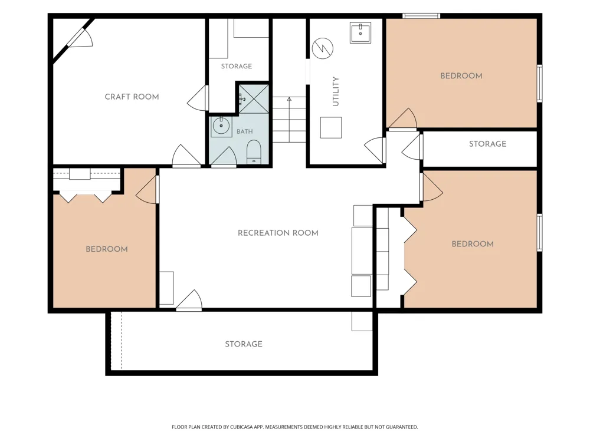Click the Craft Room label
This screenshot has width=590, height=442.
click(132, 97)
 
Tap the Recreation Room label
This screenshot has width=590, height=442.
click(278, 233)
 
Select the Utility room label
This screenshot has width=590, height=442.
click(336, 91)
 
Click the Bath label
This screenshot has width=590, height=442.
click(245, 131)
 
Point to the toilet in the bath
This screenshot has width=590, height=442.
click(254, 152)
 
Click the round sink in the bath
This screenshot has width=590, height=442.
click(221, 126)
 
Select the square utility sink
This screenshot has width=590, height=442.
click(360, 32)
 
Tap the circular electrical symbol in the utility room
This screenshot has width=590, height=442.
click(323, 48)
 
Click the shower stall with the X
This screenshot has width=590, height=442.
click(254, 99)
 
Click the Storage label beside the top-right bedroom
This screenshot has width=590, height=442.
click(488, 144)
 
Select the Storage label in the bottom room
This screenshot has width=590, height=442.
click(244, 344)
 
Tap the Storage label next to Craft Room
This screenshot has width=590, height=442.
click(237, 66)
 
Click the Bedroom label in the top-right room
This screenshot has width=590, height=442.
click(461, 76)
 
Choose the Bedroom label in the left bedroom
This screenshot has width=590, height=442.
click(107, 249)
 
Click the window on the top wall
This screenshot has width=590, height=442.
click(421, 16)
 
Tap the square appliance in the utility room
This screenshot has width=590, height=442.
click(331, 128)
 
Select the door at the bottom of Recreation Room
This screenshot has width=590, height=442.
click(189, 301)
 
